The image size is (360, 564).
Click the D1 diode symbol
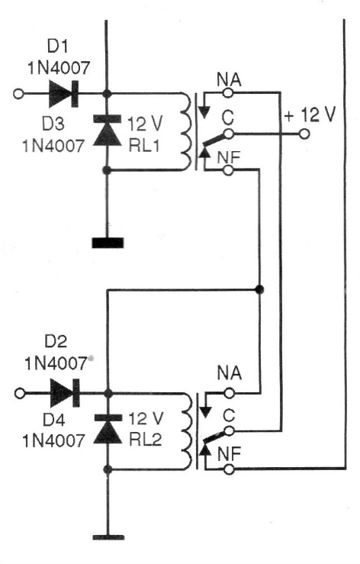[x=63, y=94]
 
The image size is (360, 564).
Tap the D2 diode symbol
[x=65, y=393]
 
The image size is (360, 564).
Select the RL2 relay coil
[x=187, y=431]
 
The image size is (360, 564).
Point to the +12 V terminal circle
[x=304, y=134]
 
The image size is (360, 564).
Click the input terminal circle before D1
[x=18, y=94]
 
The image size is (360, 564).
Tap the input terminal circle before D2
[x=20, y=393]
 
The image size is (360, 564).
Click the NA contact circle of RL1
[x=227, y=93]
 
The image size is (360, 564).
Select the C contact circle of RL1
[x=228, y=134]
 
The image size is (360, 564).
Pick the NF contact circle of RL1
[x=228, y=169]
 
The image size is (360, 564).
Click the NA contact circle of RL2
[x=229, y=393]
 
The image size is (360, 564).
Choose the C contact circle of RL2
[x=229, y=431]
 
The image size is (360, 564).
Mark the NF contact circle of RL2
[x=229, y=469]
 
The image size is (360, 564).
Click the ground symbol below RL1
[x=108, y=243]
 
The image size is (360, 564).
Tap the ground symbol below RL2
[x=108, y=538]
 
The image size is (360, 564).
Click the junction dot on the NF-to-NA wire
[x=259, y=288]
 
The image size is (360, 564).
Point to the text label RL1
[x=144, y=146]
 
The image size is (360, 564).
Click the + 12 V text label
[x=310, y=114]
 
